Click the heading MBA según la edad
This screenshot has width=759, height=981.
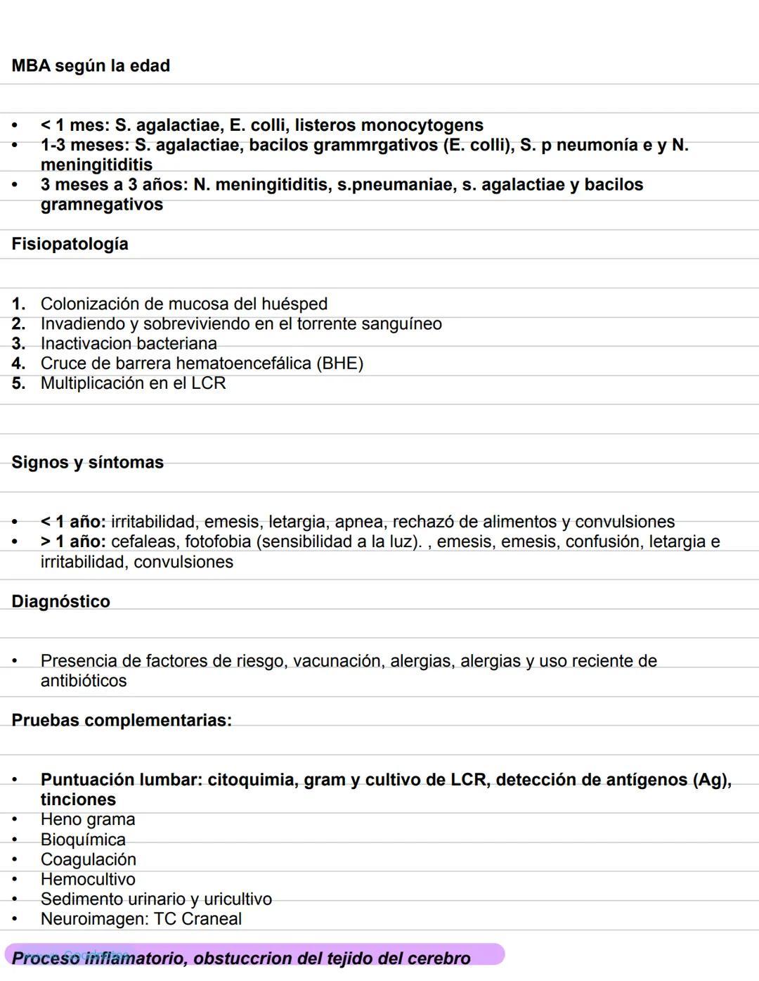click(91, 65)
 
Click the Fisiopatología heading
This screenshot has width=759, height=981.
click(70, 244)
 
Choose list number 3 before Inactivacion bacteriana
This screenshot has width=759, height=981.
click(18, 344)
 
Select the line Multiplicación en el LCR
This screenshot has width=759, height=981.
click(133, 383)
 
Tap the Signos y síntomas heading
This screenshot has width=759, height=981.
click(87, 462)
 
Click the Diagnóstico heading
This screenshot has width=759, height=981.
click(60, 601)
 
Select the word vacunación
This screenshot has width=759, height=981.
click(336, 661)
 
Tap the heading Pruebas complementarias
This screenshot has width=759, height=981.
click(121, 720)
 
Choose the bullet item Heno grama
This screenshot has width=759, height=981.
click(88, 819)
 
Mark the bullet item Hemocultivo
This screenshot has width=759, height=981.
click(88, 879)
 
